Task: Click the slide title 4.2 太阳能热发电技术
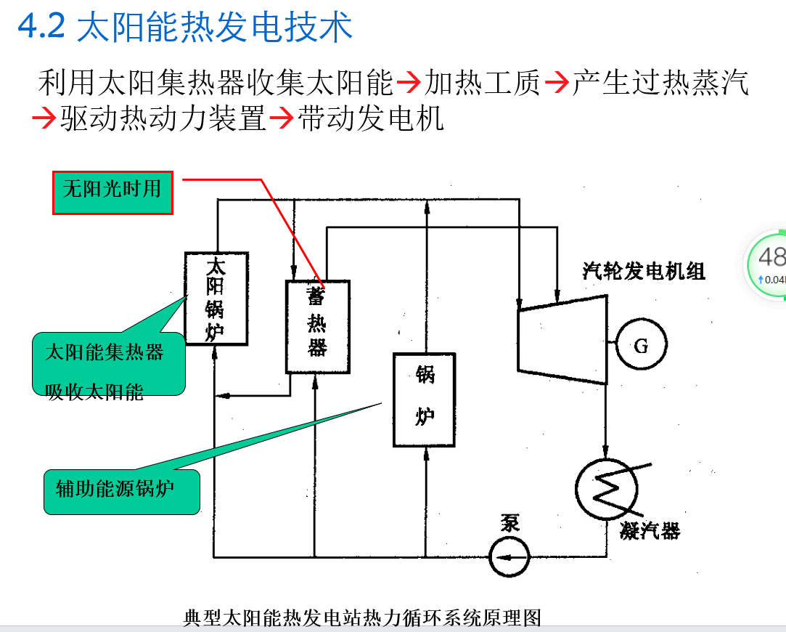(x=185, y=27)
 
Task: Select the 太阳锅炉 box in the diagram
(x=216, y=299)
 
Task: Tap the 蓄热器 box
(x=317, y=326)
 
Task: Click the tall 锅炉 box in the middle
(x=425, y=399)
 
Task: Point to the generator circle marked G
(x=641, y=346)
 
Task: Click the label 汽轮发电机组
(x=643, y=272)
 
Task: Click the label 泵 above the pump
(x=509, y=523)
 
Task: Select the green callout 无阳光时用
(x=112, y=192)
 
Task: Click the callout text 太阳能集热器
(x=105, y=353)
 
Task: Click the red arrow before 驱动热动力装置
(x=44, y=118)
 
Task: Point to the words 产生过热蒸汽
(x=660, y=84)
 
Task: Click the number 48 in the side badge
(x=771, y=256)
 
